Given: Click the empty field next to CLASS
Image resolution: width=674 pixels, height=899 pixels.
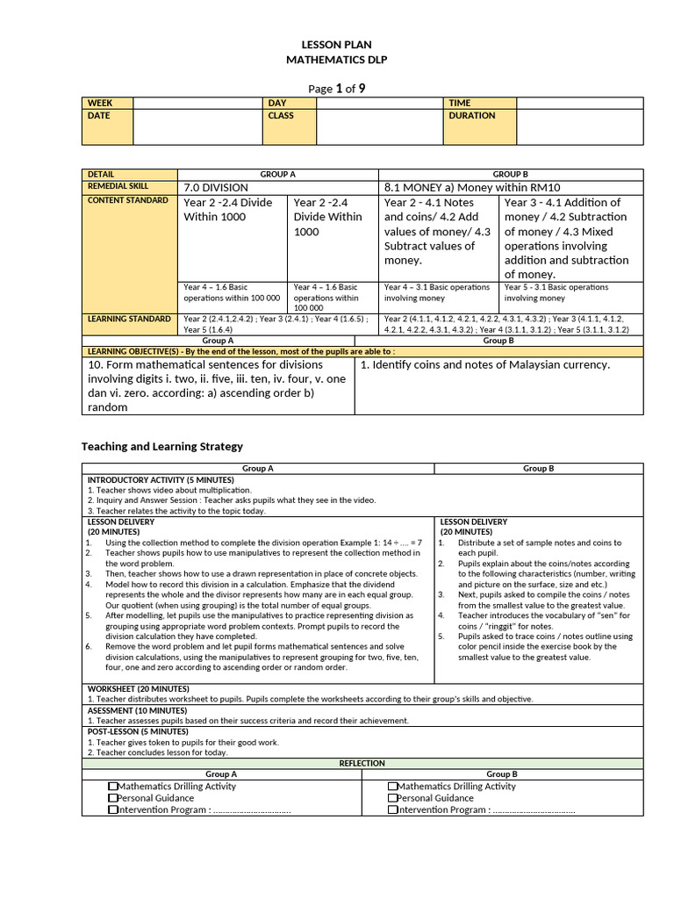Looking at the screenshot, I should pyautogui.click(x=379, y=126).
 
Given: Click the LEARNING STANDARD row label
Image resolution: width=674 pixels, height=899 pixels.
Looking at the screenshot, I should pyautogui.click(x=128, y=319).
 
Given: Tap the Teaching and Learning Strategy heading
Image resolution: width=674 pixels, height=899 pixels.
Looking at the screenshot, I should pyautogui.click(x=162, y=447).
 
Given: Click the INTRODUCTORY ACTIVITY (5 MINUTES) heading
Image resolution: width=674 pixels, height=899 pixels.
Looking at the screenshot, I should pyautogui.click(x=161, y=480).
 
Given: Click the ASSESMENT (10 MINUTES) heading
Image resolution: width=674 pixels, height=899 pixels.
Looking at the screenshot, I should pyautogui.click(x=138, y=710).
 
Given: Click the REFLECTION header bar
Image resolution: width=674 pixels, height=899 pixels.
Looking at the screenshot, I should pyautogui.click(x=362, y=764).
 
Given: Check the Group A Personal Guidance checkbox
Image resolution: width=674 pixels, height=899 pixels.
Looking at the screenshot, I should pyautogui.click(x=113, y=799).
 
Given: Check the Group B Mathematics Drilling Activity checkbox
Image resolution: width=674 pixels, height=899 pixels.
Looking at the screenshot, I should pyautogui.click(x=392, y=787).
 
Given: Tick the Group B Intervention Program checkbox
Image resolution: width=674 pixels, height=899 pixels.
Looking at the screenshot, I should pyautogui.click(x=392, y=810).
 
